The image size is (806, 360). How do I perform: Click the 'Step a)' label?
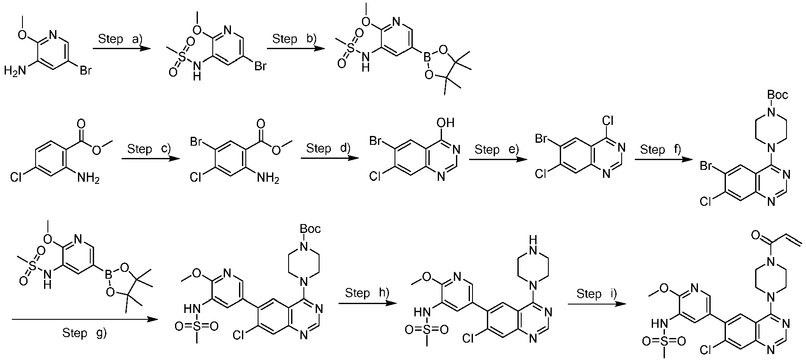[120, 39]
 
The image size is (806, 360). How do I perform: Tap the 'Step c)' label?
[149, 149]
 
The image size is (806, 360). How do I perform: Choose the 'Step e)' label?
[495, 150]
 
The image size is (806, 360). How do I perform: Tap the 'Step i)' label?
[597, 294]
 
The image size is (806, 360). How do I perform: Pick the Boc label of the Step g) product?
[310, 229]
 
